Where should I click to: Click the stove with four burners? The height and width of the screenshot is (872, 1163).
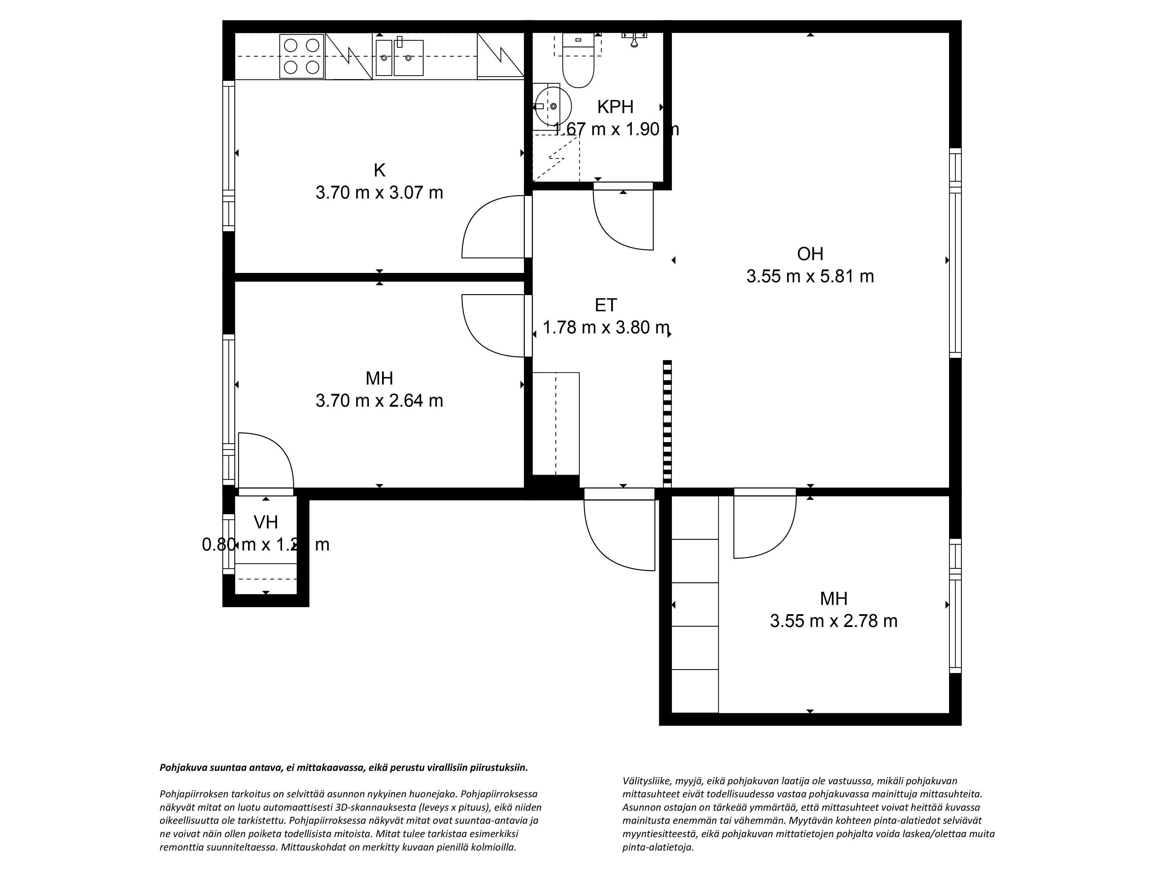(x=302, y=56)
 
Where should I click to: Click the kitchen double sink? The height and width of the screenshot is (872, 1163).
(x=399, y=58)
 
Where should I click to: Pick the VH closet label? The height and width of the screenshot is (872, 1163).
(x=265, y=522)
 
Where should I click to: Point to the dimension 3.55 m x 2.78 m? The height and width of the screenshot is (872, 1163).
(x=833, y=621)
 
